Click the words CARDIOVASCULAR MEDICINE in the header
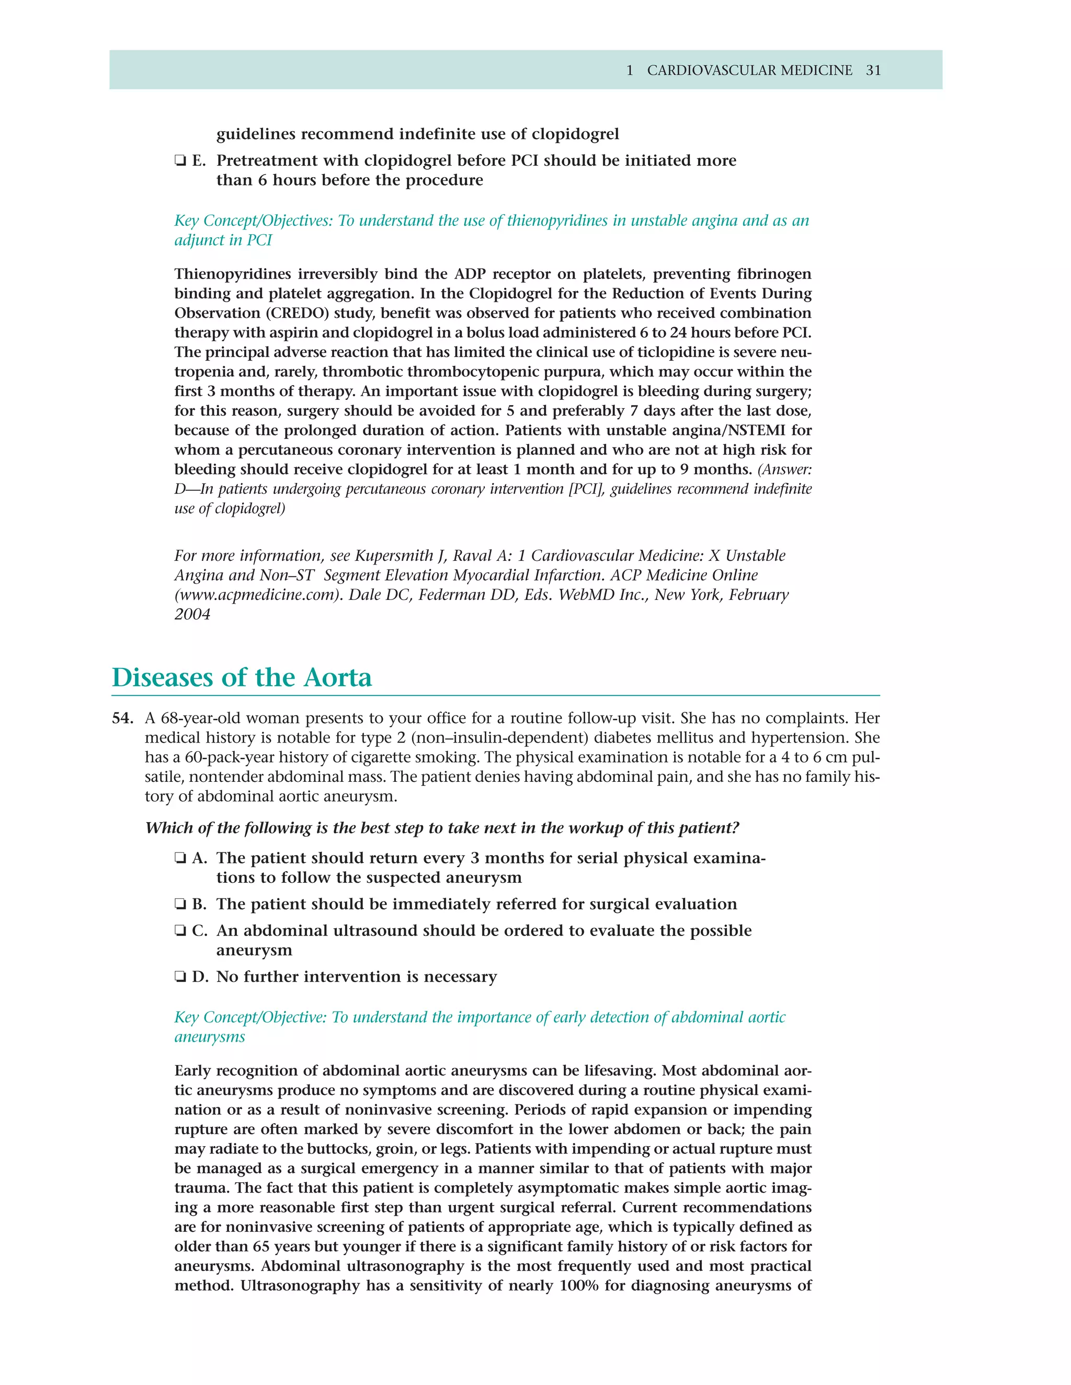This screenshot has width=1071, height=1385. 749,71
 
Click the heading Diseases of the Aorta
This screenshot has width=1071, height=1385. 242,677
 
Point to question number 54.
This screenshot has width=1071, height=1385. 122,719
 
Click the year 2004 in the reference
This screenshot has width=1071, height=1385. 192,615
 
